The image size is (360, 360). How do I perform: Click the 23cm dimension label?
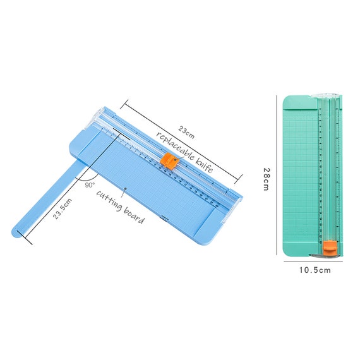click(x=186, y=130)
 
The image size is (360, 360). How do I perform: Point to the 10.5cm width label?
click(x=315, y=270)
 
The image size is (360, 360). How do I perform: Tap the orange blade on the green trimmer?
click(x=330, y=248)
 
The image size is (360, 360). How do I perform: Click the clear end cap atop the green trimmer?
click(x=327, y=95)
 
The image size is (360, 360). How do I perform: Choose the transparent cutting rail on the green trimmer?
click(x=327, y=171)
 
